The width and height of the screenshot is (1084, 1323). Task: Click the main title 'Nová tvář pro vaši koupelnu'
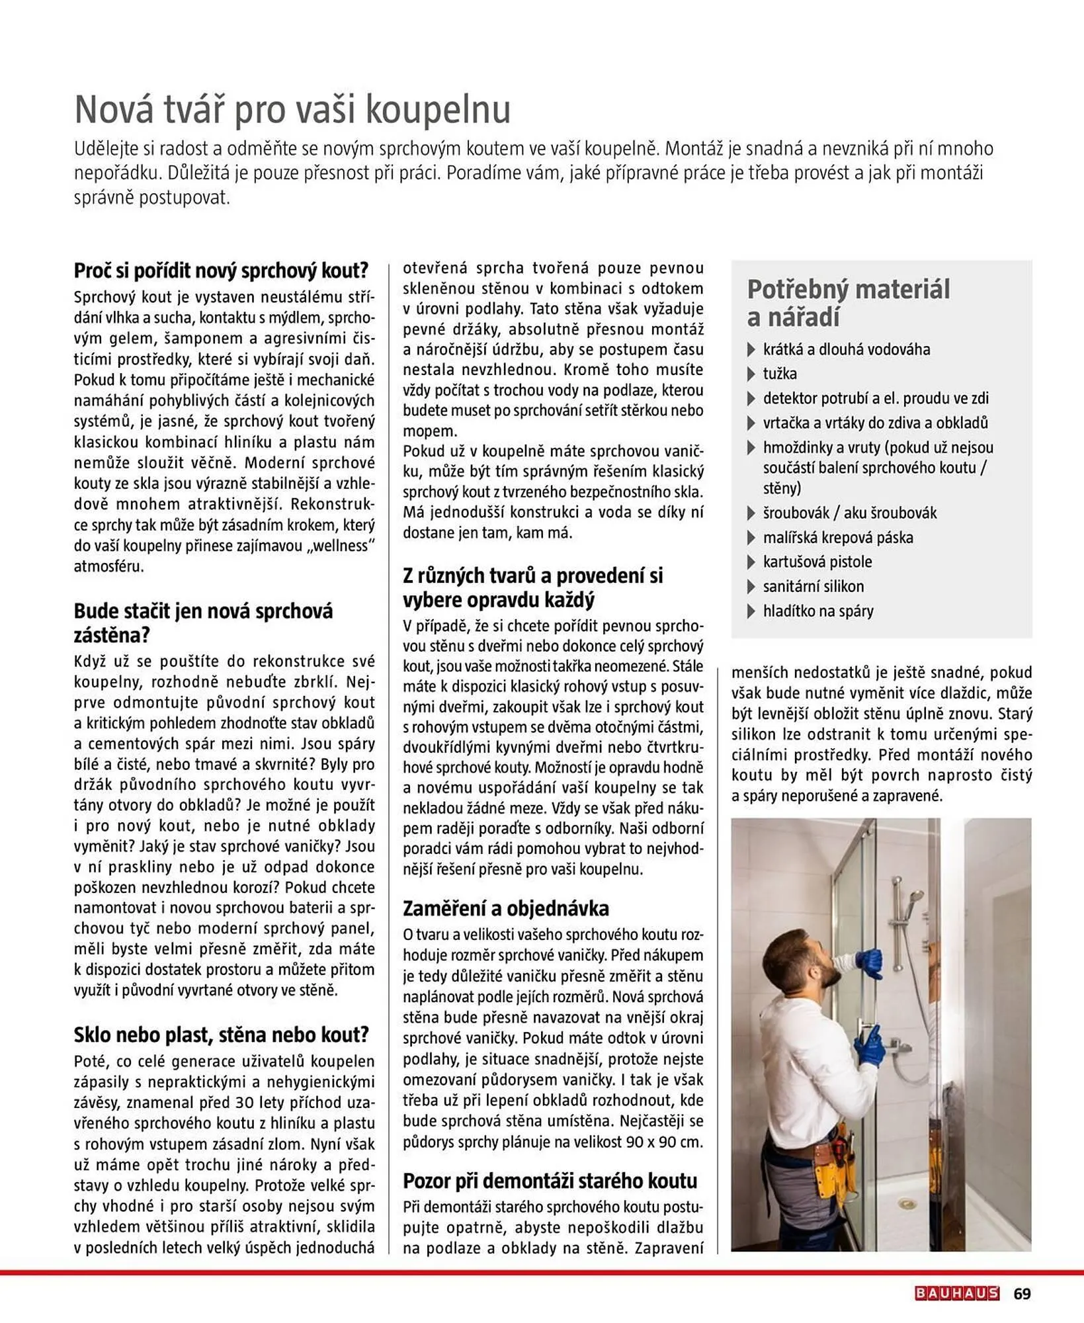292,110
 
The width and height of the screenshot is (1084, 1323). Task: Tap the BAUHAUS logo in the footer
956,1293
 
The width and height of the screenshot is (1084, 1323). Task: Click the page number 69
1022,1293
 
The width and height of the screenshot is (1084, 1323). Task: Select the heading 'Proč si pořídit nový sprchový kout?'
221,271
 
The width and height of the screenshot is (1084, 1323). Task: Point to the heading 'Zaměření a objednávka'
505,908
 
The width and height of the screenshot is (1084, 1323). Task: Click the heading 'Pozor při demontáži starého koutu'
550,1181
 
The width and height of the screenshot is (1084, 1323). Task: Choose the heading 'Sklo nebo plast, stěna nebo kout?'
221,1035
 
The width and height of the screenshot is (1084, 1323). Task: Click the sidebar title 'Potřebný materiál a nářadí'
848,303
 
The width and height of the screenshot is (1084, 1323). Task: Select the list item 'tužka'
779,374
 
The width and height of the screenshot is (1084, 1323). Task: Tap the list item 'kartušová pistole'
817,562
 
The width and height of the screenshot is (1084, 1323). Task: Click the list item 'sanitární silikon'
813,586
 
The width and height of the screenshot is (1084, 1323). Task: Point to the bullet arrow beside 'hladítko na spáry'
751,611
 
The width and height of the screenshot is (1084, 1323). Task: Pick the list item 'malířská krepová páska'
837,537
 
